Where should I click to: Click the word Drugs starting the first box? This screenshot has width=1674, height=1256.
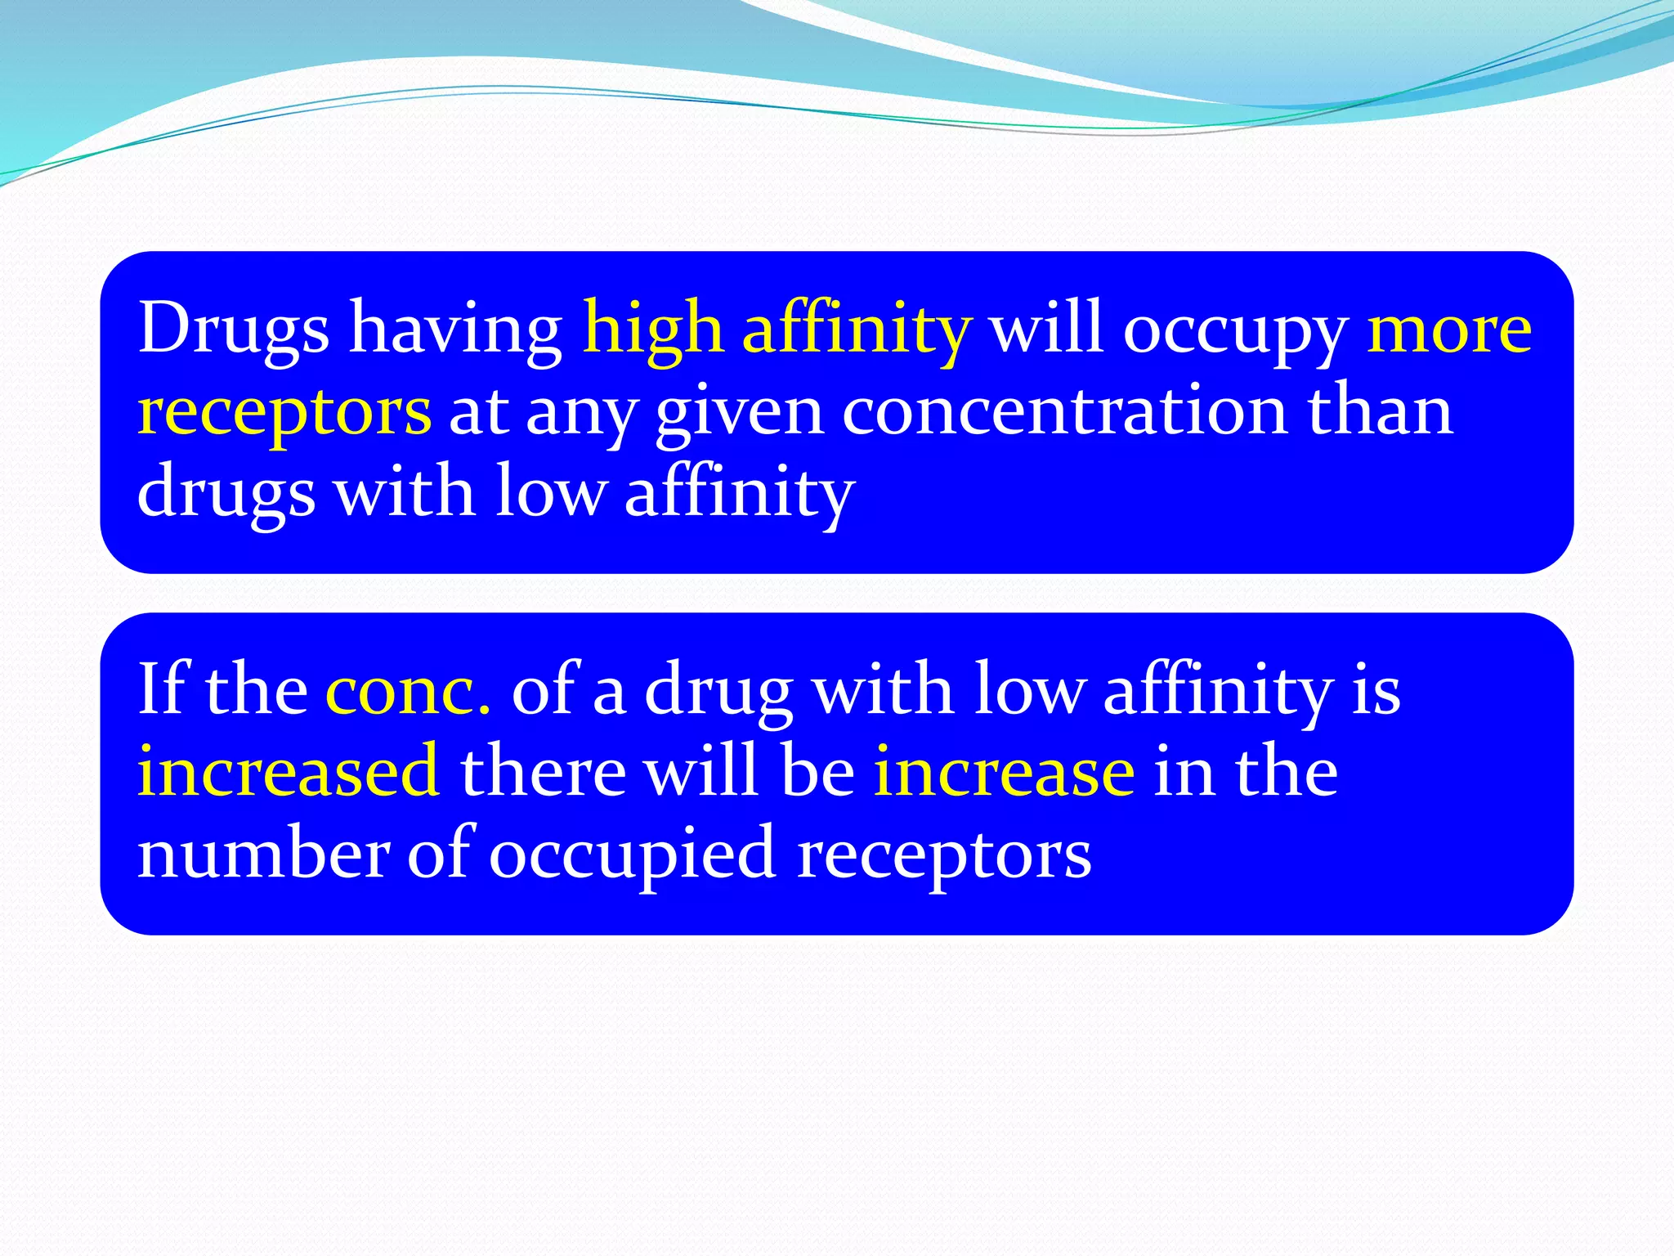click(x=233, y=329)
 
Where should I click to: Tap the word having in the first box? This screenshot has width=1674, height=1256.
click(x=456, y=329)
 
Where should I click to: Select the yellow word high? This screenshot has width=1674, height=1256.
click(x=653, y=329)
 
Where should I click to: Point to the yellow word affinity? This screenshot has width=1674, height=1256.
click(x=857, y=329)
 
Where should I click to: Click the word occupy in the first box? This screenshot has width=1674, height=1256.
click(x=1235, y=329)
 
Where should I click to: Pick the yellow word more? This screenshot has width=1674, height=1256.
click(x=1449, y=329)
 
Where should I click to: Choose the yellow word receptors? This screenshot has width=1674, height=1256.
click(x=284, y=411)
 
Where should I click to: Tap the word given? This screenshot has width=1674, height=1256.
click(x=739, y=411)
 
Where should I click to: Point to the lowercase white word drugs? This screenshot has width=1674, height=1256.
click(x=226, y=493)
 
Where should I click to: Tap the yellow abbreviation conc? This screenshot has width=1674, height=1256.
click(x=408, y=690)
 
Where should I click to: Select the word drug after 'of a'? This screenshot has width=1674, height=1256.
click(x=718, y=690)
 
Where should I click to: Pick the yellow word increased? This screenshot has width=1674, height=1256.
click(x=289, y=772)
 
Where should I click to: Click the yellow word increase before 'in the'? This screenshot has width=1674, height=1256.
click(x=1004, y=772)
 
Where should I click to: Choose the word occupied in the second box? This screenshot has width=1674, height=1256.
click(x=632, y=855)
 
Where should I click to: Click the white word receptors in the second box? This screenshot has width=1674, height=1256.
click(x=944, y=855)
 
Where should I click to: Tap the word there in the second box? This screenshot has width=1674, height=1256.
click(x=543, y=772)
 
